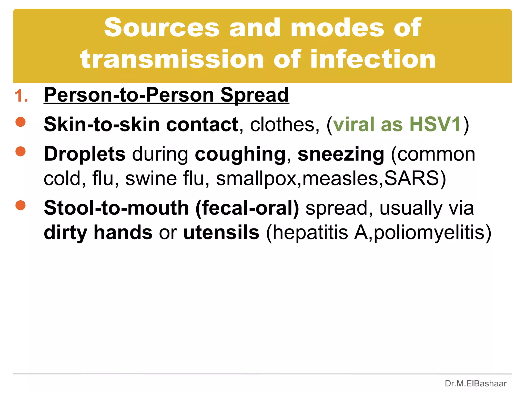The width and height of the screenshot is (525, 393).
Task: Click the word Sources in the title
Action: (x=162, y=28)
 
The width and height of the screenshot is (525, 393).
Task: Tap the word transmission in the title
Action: (x=172, y=59)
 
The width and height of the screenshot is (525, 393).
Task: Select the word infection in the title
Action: (x=373, y=59)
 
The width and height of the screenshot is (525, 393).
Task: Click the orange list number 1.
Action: (x=21, y=96)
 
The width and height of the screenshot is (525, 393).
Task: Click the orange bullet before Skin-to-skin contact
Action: (x=21, y=122)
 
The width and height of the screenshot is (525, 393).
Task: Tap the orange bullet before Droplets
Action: (x=21, y=151)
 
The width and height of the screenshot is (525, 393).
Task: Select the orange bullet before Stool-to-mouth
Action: (x=21, y=205)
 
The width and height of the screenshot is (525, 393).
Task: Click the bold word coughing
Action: (x=240, y=154)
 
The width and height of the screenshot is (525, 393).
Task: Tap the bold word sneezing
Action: (x=341, y=154)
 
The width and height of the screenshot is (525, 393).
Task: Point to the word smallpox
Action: (x=256, y=178)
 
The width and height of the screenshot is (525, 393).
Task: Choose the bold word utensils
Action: (x=221, y=233)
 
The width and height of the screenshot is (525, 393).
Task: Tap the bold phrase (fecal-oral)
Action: (x=247, y=208)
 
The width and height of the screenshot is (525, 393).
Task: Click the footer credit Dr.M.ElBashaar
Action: (x=476, y=384)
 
